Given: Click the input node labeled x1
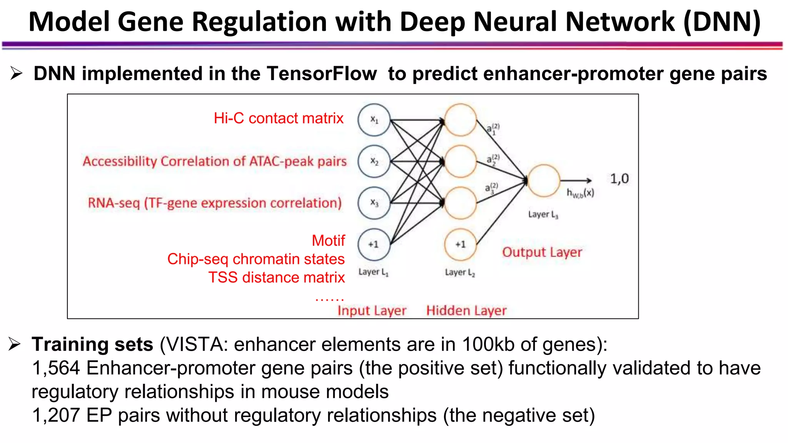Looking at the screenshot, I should (374, 120).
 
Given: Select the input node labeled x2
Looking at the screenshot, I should (374, 161).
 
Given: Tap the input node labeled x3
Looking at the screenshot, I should (374, 203).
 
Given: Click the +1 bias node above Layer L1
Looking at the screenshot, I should (374, 244).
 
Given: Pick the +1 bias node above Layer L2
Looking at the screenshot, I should (460, 245).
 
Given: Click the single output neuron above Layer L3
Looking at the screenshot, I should (544, 181).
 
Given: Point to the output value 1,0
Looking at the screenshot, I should (619, 179).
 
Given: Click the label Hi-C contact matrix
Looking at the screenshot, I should (279, 118).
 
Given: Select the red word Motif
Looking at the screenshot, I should (328, 241).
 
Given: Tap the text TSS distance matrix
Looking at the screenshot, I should (277, 278).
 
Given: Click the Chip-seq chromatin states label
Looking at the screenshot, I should (256, 259).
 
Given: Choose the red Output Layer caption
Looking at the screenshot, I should (542, 252).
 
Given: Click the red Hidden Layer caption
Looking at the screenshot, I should (466, 311).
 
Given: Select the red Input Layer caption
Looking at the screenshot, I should (372, 311).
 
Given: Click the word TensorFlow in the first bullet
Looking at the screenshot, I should (322, 73).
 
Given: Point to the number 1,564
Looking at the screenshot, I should (56, 368).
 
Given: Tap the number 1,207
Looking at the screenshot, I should (56, 415).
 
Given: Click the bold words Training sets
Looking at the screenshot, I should (93, 344).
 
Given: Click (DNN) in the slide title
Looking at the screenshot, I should (722, 22).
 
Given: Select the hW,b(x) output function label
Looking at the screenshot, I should (580, 193).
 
